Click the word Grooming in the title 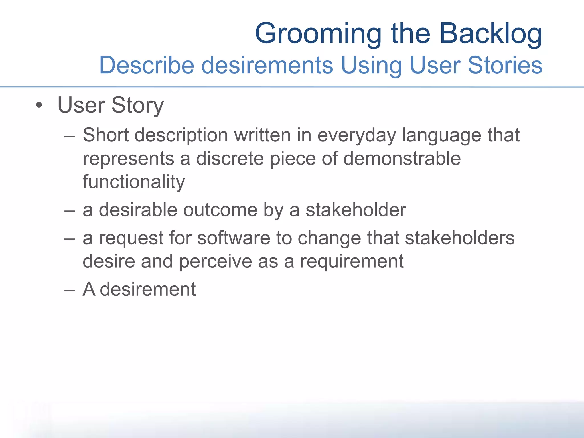coord(318,34)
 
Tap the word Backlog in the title coord(490,34)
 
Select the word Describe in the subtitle coord(147,65)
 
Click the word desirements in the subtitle coord(267,65)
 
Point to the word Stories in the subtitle coord(505,65)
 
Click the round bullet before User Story coord(39,106)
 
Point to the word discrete coord(230,159)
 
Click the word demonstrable coord(402,158)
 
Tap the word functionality coord(134,182)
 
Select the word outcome coord(220,210)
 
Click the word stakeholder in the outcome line coord(356,210)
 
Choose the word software coord(234,238)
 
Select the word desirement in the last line coord(148,289)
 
